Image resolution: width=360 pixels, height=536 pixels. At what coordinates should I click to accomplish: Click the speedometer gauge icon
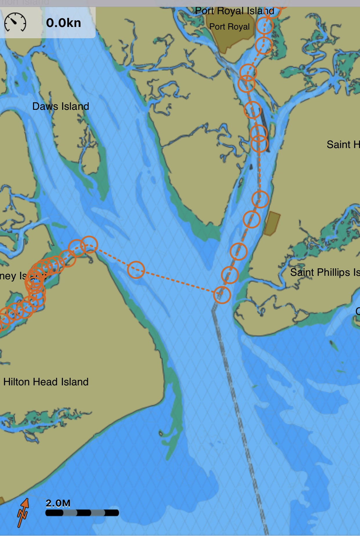pos(15,22)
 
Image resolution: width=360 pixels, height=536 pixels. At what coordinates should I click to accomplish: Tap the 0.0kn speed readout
pos(63,23)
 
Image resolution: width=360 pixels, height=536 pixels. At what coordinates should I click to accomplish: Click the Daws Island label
pos(61,106)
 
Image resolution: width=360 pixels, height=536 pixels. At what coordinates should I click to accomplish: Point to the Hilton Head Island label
pos(46,382)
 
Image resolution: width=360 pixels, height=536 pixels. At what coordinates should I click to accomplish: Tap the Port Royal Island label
pos(234,11)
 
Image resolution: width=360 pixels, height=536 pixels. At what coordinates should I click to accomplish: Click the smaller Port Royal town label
pos(229,27)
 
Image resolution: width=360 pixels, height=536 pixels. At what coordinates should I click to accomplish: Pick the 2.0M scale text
pos(58,504)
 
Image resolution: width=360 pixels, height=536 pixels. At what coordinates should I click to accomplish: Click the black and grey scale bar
pos(82,513)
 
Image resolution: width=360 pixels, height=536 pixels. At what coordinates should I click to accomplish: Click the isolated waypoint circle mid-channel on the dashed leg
pos(136,270)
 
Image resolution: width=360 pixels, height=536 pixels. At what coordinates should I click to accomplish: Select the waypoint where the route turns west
pos(222,295)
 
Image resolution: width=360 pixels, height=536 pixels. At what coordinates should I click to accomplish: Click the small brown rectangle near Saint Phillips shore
pos(272,223)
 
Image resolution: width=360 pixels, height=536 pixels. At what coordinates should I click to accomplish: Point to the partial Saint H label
pos(343,144)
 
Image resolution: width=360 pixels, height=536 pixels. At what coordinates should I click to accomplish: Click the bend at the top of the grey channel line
pos(213,310)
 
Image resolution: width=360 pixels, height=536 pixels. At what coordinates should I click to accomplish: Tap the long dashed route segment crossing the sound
pos(180,282)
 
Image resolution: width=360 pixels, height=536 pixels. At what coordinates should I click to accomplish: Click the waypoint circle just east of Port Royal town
pos(264,26)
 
